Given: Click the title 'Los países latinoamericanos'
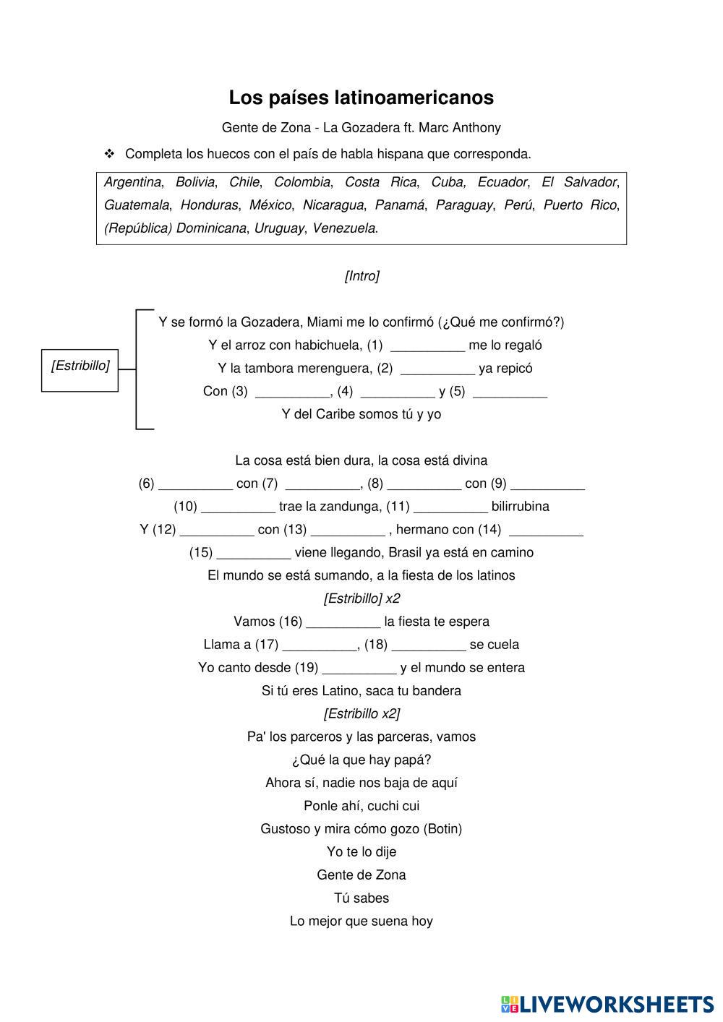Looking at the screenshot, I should (361, 98).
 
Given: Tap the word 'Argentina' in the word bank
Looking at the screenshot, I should (132, 182).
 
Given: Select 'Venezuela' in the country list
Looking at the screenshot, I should (344, 228).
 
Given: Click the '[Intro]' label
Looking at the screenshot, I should (361, 276).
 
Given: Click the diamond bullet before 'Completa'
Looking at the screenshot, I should (110, 153).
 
